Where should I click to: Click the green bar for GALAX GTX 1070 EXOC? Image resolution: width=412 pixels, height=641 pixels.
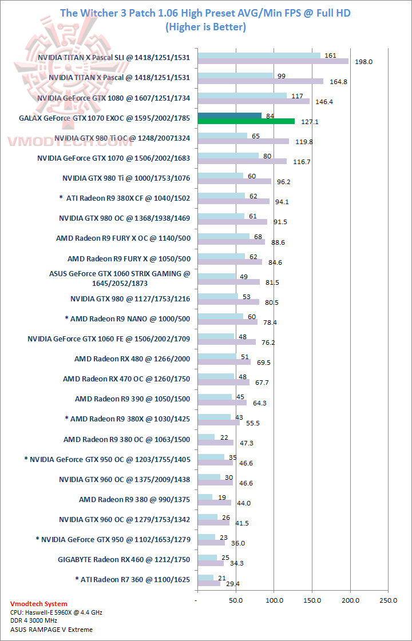[246, 121]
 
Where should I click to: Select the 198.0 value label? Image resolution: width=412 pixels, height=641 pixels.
[364, 61]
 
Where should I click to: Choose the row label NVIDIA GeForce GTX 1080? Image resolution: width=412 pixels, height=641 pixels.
[113, 98]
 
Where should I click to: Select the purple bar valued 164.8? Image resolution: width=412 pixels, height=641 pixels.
[260, 81]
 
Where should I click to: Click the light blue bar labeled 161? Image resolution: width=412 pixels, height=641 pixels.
[259, 55]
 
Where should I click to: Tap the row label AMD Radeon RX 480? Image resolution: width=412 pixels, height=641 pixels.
[132, 359]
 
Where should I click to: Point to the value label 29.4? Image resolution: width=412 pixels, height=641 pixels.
[232, 584]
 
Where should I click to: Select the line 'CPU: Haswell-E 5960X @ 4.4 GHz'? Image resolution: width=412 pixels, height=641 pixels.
[56, 612]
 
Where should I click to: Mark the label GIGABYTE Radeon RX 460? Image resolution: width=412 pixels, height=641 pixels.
[124, 559]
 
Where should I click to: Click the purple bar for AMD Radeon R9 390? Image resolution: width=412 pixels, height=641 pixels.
[222, 402]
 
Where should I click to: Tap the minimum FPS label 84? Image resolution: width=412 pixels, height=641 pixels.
[270, 116]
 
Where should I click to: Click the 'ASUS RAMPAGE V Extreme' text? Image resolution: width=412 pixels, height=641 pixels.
[51, 630]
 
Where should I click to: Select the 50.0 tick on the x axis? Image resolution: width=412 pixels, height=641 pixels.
[236, 600]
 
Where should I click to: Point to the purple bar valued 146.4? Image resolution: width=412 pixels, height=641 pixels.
[253, 101]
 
